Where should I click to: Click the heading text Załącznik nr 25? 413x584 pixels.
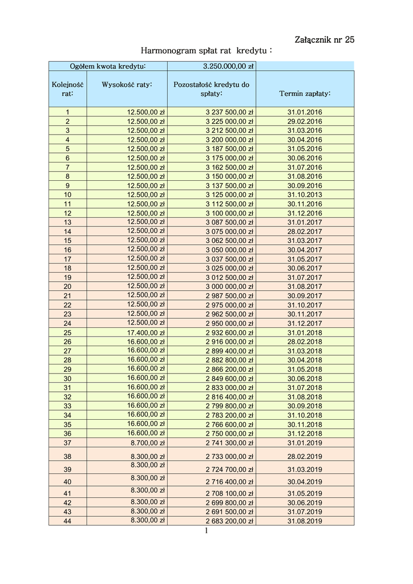[325, 39]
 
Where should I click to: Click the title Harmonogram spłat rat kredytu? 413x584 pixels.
[206, 51]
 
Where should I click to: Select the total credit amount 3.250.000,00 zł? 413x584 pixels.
[228, 66]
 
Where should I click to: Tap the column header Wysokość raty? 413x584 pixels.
[127, 85]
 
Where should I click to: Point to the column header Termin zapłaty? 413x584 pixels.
[305, 94]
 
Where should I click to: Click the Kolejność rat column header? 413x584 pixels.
[67, 89]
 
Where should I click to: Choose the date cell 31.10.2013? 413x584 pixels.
[305, 194]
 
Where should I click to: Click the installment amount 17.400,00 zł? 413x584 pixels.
[145, 332]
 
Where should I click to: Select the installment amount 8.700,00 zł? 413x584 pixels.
[148, 443]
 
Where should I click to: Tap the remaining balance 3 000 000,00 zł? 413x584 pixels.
[229, 286]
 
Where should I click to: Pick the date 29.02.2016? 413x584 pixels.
[305, 121]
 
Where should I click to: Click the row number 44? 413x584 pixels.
[67, 521]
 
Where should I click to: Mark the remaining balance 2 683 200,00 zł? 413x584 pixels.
[229, 521]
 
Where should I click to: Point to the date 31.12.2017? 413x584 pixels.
[305, 323]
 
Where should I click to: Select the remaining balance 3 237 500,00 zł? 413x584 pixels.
[229, 112]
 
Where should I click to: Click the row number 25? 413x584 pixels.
[67, 332]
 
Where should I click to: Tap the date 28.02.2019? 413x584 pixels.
[305, 457]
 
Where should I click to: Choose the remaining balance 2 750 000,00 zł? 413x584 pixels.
[229, 433]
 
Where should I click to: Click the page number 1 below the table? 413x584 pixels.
[206, 531]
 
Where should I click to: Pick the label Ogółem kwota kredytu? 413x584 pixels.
[108, 66]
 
